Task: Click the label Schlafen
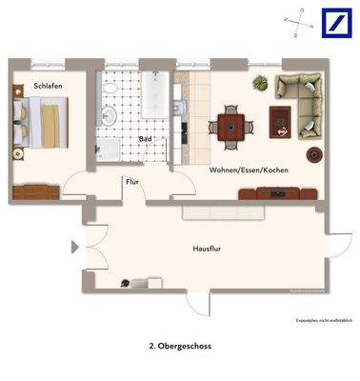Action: tap(48, 86)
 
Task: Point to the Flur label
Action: tap(131, 180)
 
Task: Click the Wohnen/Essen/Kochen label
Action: tap(249, 170)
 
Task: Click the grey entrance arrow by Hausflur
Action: tap(74, 249)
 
